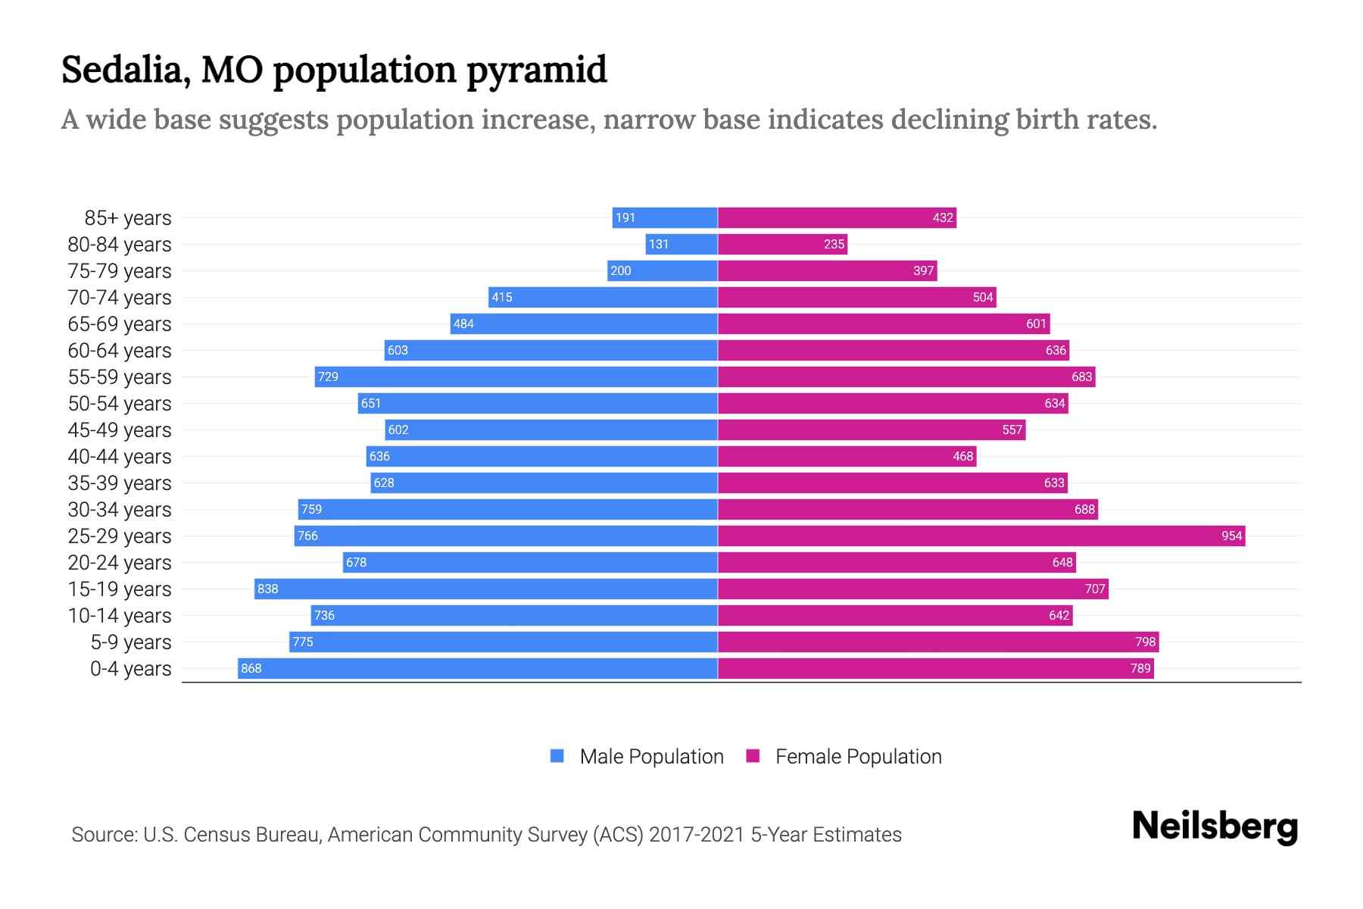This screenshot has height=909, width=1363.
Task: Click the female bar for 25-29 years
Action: [x=981, y=536]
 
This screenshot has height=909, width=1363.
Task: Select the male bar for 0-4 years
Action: [x=477, y=668]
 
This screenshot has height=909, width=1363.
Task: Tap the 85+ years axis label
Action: [x=127, y=217]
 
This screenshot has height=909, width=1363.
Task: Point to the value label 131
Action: [x=658, y=244]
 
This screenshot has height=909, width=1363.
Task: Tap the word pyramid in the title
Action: [x=536, y=70]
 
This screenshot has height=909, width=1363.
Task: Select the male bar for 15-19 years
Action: [x=485, y=589]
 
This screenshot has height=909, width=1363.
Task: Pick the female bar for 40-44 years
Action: [x=847, y=456]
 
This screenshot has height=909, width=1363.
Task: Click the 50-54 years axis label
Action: [x=120, y=403]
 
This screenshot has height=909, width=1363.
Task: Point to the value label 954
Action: [x=1231, y=536]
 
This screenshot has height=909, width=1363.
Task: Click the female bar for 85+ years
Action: [x=837, y=217]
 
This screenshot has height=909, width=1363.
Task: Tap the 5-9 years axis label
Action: [x=130, y=642]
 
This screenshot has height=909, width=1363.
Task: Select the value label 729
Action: [x=328, y=376]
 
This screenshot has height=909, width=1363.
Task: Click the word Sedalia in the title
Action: [x=125, y=70]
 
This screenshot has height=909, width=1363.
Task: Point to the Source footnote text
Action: [x=486, y=834]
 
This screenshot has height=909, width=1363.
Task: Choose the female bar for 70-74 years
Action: [x=856, y=297]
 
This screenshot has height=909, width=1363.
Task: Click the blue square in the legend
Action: [x=557, y=756]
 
